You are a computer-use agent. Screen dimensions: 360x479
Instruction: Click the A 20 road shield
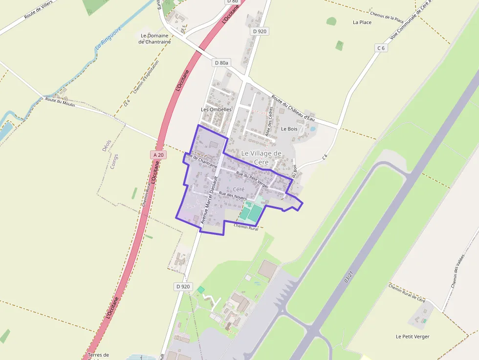pyautogui.click(x=157, y=154)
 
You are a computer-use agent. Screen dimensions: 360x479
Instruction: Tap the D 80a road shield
pyautogui.click(x=221, y=63)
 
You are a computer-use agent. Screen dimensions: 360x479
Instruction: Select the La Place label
pyautogui.click(x=362, y=22)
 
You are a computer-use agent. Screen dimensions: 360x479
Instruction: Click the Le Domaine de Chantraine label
pyautogui.click(x=154, y=39)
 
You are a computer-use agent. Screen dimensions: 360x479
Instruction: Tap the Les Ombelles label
pyautogui.click(x=216, y=109)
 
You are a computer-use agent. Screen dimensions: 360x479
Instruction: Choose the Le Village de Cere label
pyautogui.click(x=262, y=157)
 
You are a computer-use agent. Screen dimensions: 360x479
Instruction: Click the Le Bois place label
pyautogui.click(x=289, y=129)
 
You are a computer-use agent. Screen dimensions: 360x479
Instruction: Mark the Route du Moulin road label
pyautogui.click(x=60, y=102)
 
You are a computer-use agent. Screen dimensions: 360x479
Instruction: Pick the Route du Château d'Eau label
pyautogui.click(x=295, y=108)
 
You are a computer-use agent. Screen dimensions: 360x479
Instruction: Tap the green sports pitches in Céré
pyautogui.click(x=251, y=212)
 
